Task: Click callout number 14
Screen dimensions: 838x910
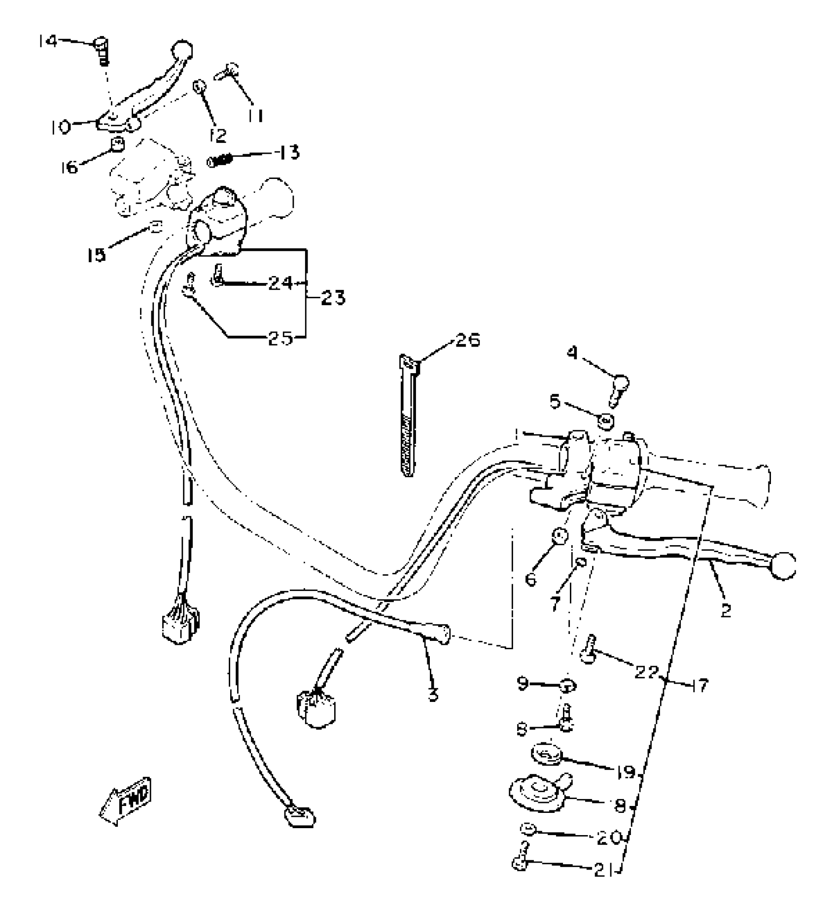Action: [48, 41]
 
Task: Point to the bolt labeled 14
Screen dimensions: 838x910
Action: [102, 51]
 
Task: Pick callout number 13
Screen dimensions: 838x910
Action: [289, 153]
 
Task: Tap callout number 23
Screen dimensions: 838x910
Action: [333, 298]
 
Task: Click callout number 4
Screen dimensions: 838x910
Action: [572, 353]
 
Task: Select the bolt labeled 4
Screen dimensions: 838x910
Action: [618, 390]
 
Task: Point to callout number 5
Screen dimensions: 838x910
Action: [556, 402]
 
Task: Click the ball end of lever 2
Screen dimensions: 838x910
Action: [783, 565]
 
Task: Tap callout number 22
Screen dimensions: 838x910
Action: [646, 671]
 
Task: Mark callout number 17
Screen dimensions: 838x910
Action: [700, 685]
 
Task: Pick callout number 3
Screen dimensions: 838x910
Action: [433, 695]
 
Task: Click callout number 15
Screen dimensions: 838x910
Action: [96, 255]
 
